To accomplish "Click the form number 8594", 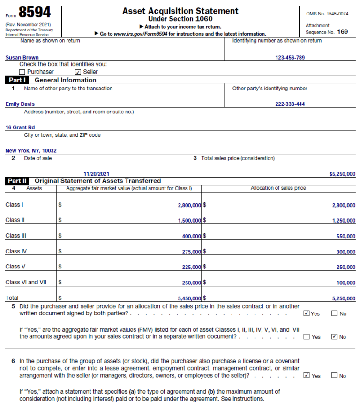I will point(35,12).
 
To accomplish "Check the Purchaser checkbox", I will point(22,72).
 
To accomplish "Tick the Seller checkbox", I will point(78,72).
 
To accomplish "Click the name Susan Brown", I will point(22,58).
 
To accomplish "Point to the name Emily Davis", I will point(20,104).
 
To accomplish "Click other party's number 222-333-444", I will point(290,104).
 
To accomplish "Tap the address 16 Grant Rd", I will point(20,127).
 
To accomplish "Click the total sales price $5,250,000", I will point(342,174).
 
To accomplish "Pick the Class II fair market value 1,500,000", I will point(189,221).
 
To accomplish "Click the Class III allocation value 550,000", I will point(346,237).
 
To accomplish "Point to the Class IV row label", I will point(16,251).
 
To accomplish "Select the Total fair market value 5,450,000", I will point(189,298).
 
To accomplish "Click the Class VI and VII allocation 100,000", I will point(346,283).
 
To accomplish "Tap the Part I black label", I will point(18,80).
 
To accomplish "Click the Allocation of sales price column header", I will point(278,188).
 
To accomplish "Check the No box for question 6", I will point(334,376).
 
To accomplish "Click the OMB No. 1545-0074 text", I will point(327,14).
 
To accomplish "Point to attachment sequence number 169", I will point(342,32).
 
